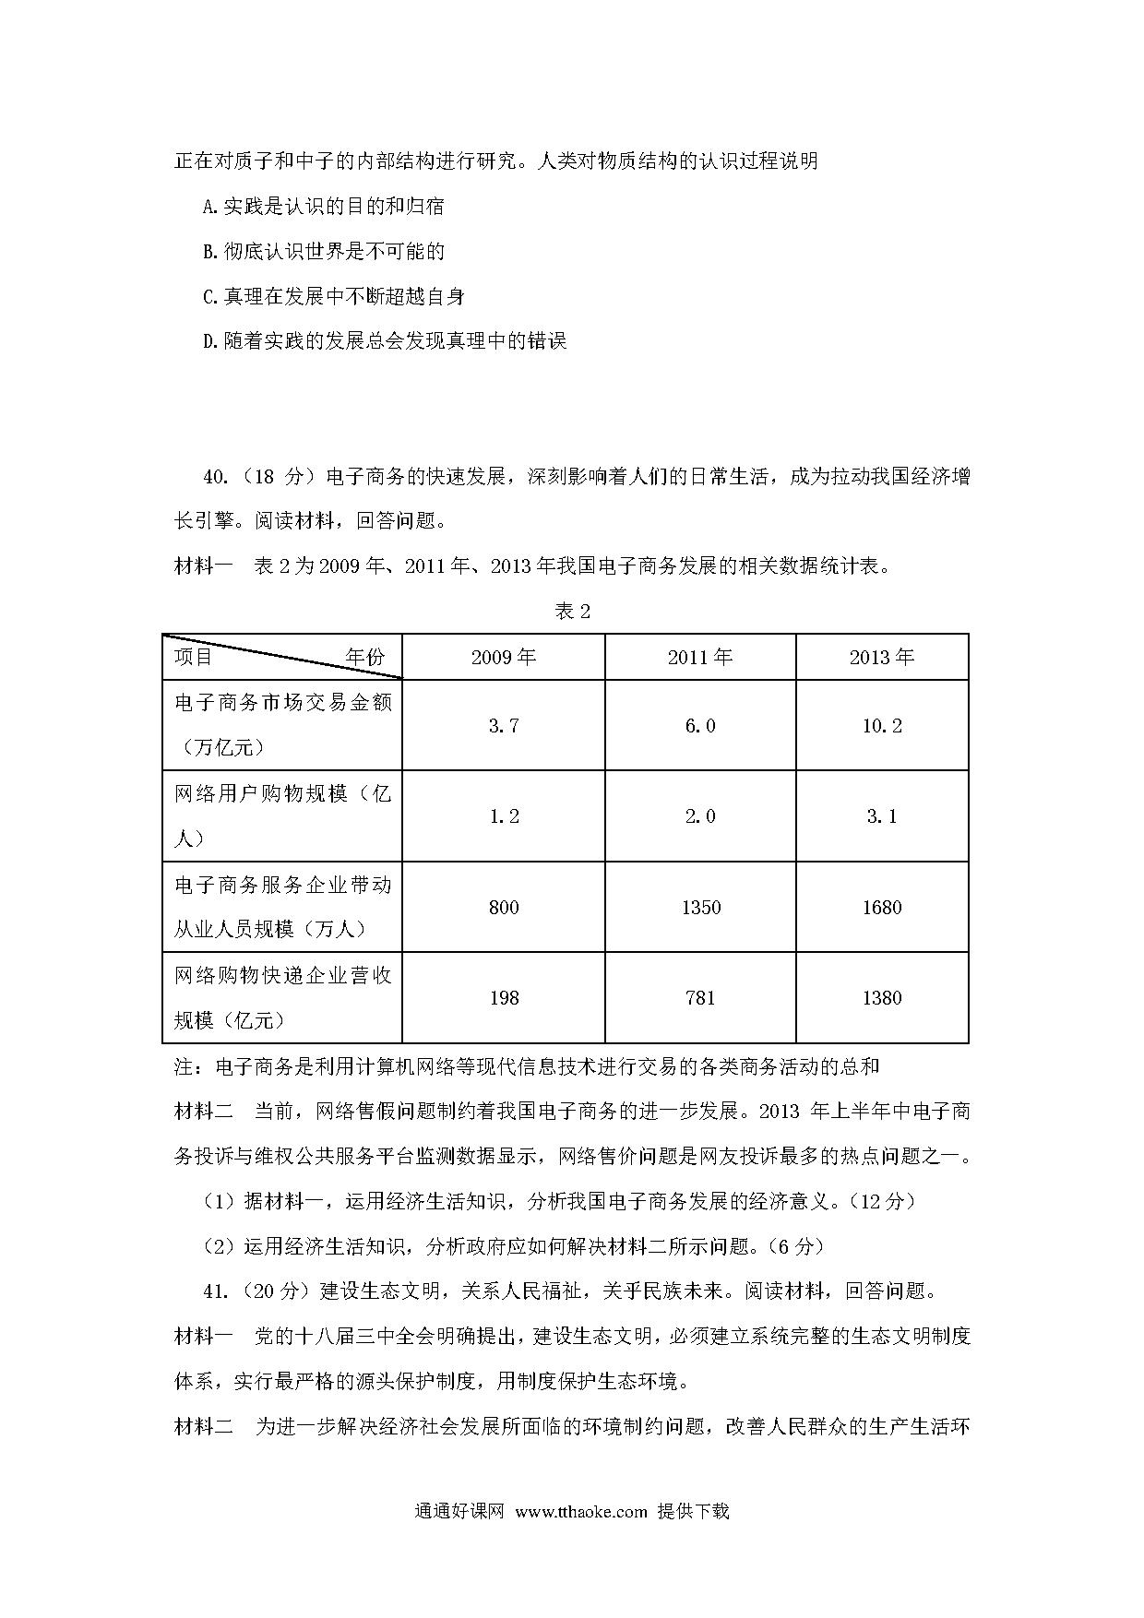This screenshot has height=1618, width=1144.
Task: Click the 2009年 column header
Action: tap(504, 658)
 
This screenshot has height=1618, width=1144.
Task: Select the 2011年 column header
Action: tap(700, 658)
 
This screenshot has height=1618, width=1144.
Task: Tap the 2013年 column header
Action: tap(882, 658)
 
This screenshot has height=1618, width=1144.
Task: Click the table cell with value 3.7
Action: tap(504, 726)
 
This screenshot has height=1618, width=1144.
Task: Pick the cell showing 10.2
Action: tap(882, 726)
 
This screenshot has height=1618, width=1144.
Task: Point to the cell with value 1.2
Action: tap(504, 816)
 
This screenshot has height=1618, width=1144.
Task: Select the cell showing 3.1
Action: tap(882, 816)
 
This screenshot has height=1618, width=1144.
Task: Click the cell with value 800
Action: tap(504, 908)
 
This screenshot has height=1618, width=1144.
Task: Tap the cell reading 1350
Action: tap(700, 908)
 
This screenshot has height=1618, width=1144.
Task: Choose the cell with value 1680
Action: tap(882, 908)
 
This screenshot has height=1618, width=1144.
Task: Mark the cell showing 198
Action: tap(504, 998)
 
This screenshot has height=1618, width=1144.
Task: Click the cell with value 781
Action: tap(700, 998)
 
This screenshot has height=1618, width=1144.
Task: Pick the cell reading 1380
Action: tap(882, 998)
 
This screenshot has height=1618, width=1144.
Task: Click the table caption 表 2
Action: tap(572, 612)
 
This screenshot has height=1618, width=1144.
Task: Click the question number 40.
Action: tap(214, 477)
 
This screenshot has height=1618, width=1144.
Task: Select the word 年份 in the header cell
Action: tap(364, 658)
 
